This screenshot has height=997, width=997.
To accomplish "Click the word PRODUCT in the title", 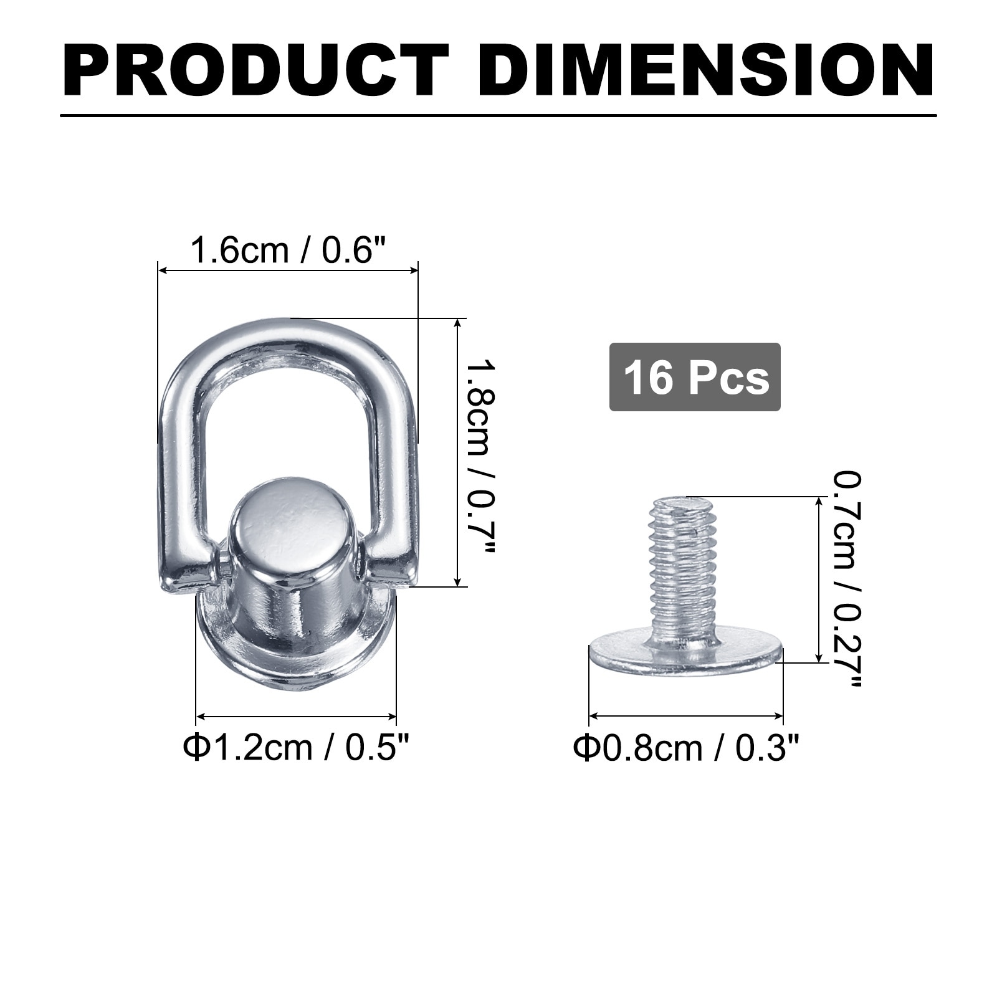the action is coord(256,70).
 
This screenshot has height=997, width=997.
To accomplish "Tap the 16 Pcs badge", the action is coord(695,377).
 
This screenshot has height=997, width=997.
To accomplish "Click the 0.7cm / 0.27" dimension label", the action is coord(847,579).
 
